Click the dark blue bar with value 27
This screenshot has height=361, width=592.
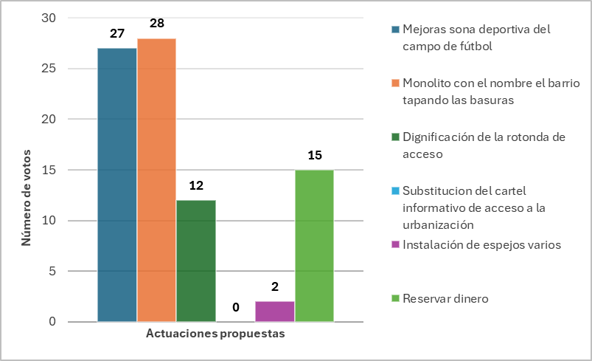(x=117, y=185)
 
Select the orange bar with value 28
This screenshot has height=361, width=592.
(x=157, y=180)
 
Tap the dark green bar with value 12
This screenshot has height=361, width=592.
(x=196, y=261)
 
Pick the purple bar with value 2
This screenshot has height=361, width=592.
(x=275, y=312)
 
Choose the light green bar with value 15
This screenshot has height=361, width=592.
(x=315, y=246)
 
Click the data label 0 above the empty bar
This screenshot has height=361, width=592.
(x=236, y=307)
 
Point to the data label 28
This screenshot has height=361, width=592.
(x=157, y=23)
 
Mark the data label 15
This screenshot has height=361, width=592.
(x=315, y=155)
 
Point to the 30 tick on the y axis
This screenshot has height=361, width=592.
(x=49, y=18)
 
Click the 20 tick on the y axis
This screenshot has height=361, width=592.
(x=49, y=119)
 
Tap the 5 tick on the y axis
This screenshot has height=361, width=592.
(x=52, y=271)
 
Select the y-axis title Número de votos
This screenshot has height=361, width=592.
(x=26, y=198)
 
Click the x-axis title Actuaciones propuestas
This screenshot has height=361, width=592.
(x=215, y=334)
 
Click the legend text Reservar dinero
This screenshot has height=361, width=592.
(x=445, y=299)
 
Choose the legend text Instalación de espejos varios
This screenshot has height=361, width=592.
(x=481, y=245)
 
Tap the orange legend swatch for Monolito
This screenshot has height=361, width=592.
(x=395, y=83)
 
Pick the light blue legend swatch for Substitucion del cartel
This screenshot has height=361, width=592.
(x=395, y=191)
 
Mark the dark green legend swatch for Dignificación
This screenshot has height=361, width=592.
(x=395, y=137)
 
